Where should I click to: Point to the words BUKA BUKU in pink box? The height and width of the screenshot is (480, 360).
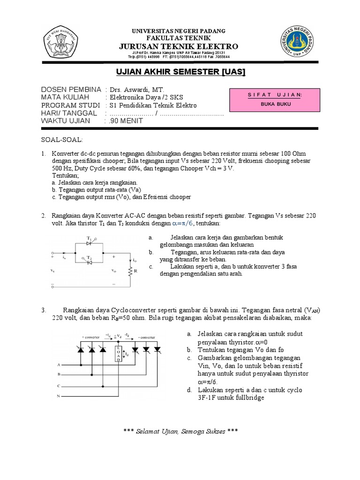pyautogui.click(x=276, y=104)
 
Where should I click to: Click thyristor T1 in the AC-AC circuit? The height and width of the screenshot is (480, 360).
pyautogui.click(x=90, y=243)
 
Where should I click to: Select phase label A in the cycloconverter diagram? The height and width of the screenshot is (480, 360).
pyautogui.click(x=59, y=364)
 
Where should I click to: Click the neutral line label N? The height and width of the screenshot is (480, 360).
pyautogui.click(x=59, y=396)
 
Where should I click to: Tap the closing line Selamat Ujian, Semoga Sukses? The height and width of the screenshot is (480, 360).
pyautogui.click(x=180, y=431)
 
